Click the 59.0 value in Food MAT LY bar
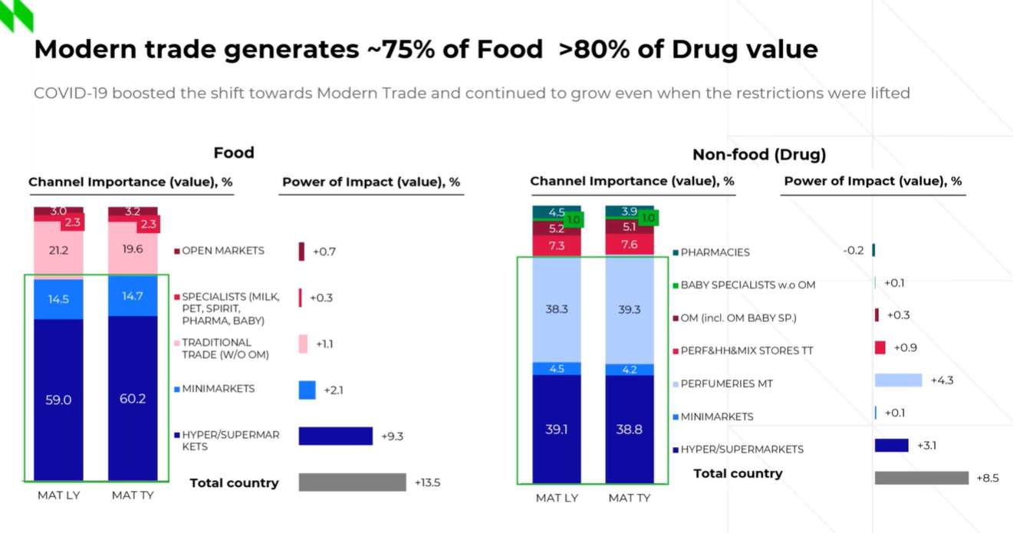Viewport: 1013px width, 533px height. (x=58, y=399)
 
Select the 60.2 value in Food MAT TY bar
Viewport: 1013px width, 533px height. (x=133, y=399)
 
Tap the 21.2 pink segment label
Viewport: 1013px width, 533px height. (x=58, y=249)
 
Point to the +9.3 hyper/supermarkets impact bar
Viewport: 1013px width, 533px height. (x=335, y=436)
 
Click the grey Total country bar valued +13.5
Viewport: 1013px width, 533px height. (x=352, y=482)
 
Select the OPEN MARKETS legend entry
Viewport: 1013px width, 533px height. (x=222, y=251)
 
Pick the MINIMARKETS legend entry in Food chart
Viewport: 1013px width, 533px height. (x=218, y=389)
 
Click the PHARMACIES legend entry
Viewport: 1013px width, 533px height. (x=715, y=252)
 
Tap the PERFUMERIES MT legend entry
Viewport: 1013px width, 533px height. (x=726, y=383)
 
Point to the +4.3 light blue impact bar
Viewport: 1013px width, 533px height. (x=898, y=380)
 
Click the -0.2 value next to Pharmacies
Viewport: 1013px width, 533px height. (x=853, y=250)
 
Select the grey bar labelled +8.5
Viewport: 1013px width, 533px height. (x=921, y=478)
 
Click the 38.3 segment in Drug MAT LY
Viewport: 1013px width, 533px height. (x=557, y=309)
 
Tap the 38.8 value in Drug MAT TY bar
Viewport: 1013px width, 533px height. (x=629, y=429)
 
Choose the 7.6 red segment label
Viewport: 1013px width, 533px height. (x=629, y=245)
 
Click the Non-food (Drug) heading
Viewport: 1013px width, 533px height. (x=759, y=154)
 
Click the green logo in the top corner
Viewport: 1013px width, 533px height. (x=16, y=15)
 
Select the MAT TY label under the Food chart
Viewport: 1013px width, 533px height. (x=133, y=495)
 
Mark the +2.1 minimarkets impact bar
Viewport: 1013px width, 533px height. (x=307, y=390)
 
